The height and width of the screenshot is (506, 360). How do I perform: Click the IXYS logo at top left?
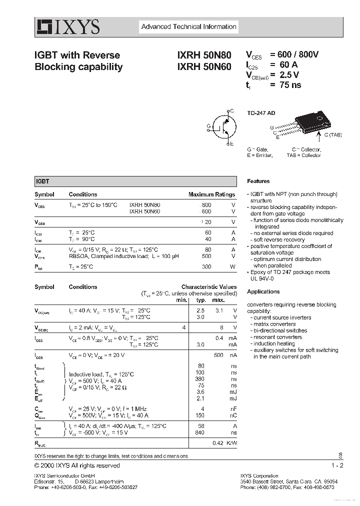tap(67, 26)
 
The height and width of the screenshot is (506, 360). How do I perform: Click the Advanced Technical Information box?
tap(188, 27)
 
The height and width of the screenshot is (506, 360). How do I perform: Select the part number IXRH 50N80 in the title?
tap(204, 55)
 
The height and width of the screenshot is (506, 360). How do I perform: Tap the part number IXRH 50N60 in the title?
tap(204, 66)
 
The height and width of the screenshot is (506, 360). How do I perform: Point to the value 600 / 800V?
tap(294, 55)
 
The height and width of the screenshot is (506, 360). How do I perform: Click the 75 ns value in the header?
tap(285, 85)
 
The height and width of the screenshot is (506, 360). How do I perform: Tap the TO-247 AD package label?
tap(261, 113)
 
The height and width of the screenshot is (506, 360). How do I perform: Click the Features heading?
tap(258, 181)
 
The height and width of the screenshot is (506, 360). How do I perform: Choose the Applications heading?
tap(263, 291)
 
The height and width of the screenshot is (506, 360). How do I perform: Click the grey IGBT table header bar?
tap(135, 182)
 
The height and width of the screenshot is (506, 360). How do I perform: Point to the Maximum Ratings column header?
tap(211, 194)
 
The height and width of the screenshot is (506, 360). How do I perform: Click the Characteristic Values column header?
tap(209, 287)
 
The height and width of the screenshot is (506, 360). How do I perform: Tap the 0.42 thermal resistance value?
tap(217, 443)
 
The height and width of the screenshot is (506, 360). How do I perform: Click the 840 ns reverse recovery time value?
tap(200, 432)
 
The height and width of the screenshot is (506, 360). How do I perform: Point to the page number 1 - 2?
tap(337, 465)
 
